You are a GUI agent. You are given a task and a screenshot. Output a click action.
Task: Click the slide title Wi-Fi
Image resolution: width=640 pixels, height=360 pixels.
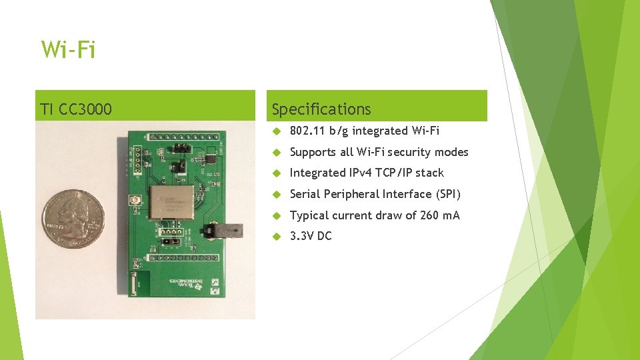point(68,50)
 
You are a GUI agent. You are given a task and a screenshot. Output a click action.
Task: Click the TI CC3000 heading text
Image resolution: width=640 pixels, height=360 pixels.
point(76,109)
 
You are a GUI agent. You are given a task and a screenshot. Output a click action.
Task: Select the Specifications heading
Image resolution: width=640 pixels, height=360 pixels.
point(321,109)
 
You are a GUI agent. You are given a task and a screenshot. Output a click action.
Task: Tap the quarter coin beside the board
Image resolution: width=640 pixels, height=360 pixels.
point(73,219)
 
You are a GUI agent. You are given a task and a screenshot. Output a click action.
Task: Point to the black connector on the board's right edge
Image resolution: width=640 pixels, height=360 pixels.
point(223,231)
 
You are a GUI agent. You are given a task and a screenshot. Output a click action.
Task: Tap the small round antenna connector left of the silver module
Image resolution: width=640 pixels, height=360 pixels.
point(135,201)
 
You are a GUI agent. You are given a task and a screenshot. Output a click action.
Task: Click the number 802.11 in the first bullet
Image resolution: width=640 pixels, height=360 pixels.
point(307,131)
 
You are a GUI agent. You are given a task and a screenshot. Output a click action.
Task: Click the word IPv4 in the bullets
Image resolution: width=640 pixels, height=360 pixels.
point(360,173)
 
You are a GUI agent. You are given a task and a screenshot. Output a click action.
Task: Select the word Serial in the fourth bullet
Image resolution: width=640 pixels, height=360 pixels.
point(305,194)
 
